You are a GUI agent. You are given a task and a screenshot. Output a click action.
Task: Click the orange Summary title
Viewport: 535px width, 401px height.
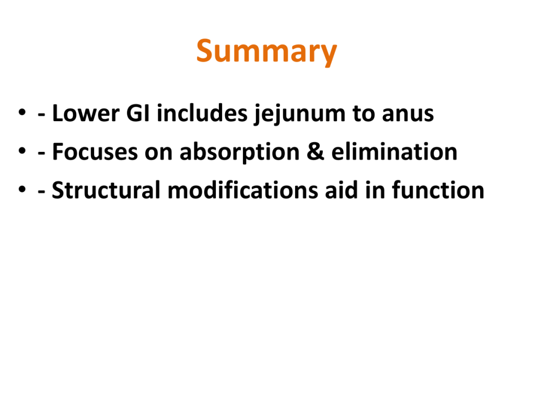click(266, 52)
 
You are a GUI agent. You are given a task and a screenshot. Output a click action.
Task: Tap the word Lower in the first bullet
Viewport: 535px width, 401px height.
click(86, 113)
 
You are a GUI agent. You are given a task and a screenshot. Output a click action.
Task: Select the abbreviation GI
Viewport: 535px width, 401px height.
click(138, 113)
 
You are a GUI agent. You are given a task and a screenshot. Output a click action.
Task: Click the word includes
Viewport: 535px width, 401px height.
click(202, 113)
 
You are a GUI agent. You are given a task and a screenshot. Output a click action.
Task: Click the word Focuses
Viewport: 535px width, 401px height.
click(95, 152)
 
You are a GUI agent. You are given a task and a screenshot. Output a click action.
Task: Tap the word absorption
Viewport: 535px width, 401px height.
click(239, 152)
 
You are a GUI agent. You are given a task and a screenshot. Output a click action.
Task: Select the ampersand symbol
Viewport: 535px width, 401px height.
click(315, 152)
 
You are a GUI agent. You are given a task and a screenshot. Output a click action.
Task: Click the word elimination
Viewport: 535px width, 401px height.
click(394, 151)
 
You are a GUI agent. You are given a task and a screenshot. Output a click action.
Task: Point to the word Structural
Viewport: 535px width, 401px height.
click(106, 190)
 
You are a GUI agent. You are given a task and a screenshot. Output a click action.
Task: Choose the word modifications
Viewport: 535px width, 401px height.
click(243, 190)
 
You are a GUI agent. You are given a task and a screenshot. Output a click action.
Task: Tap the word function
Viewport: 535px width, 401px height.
click(438, 190)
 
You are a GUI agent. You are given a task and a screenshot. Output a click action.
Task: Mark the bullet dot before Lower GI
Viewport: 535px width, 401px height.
click(22, 112)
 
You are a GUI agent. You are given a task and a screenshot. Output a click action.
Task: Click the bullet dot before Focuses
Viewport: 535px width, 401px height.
click(22, 151)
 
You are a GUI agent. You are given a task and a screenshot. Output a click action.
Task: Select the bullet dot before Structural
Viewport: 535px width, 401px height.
click(22, 189)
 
